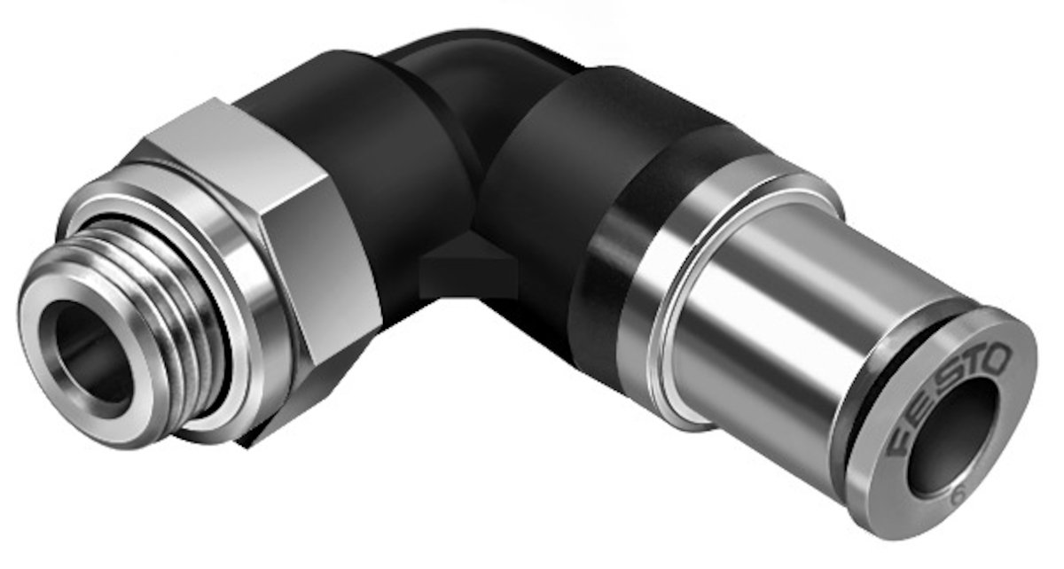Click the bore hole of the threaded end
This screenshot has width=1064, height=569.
pyautogui.click(x=92, y=359)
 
